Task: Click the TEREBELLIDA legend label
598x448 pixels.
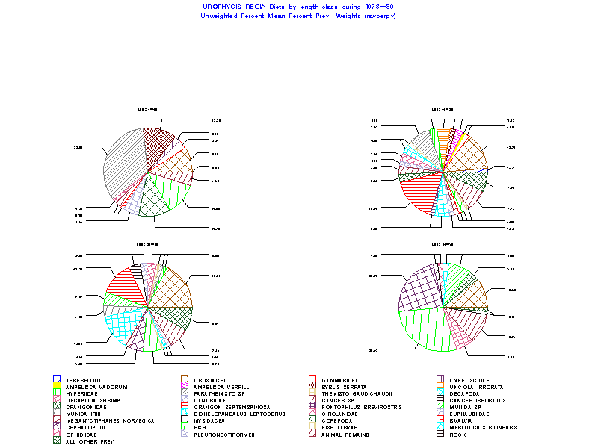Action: [84, 380]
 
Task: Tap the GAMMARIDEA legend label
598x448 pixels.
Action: [339, 380]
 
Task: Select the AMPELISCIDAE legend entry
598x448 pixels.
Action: [469, 380]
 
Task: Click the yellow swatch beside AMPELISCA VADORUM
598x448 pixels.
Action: [57, 387]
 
